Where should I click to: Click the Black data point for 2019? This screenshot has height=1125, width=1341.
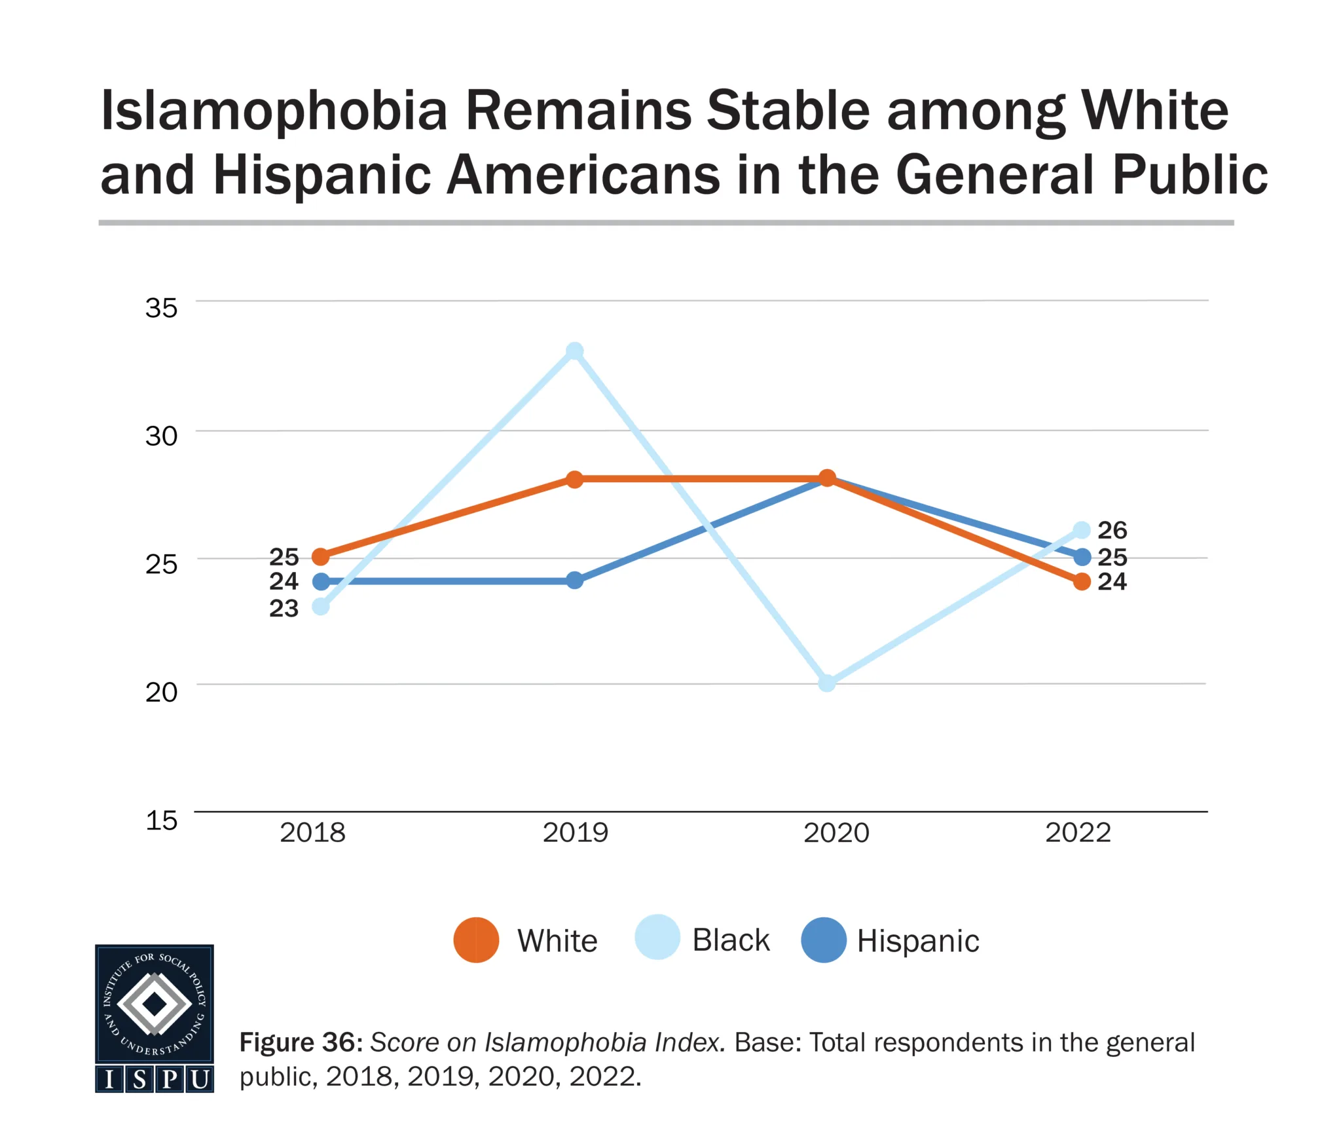574,351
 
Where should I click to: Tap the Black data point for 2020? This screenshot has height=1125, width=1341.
827,683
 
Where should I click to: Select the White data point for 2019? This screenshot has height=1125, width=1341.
574,479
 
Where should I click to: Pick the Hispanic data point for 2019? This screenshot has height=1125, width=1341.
574,580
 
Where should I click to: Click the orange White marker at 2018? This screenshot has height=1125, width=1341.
320,557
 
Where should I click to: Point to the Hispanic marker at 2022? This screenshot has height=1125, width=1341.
1082,557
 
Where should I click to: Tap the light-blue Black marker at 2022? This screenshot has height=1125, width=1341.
1082,529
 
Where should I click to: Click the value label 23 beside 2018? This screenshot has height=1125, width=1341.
284,609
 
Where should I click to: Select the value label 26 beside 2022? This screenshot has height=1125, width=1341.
1112,529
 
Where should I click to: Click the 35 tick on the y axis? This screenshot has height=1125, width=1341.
161,308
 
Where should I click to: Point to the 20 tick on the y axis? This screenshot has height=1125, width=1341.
161,692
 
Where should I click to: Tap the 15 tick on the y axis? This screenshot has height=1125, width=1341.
161,820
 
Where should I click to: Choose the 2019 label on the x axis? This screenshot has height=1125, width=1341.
575,833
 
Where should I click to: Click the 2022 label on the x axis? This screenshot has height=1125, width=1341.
1078,833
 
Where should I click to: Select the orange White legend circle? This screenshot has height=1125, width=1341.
476,940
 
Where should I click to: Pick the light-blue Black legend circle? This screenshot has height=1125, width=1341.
657,938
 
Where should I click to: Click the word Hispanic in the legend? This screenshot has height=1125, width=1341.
918,941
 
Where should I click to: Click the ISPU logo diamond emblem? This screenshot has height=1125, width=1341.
155,1003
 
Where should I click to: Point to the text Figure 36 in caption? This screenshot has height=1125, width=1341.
301,1042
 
